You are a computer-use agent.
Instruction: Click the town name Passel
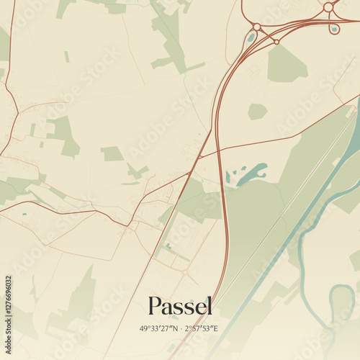(x=180, y=306)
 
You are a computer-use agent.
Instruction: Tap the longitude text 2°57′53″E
(x=203, y=328)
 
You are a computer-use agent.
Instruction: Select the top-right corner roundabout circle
(x=328, y=6)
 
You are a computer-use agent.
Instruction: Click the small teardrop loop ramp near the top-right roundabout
(x=333, y=30)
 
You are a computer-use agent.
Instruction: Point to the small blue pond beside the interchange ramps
(x=250, y=38)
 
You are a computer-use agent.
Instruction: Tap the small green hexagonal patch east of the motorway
(x=257, y=111)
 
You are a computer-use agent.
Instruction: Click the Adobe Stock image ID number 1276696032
(x=8, y=309)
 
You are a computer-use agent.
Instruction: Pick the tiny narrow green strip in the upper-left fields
(x=66, y=56)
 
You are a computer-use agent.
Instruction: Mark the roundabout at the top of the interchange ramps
(x=256, y=27)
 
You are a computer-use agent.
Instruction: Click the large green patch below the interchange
(x=287, y=63)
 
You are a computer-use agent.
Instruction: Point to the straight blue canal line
(x=288, y=238)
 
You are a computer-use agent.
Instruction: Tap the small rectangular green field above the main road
(x=112, y=153)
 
